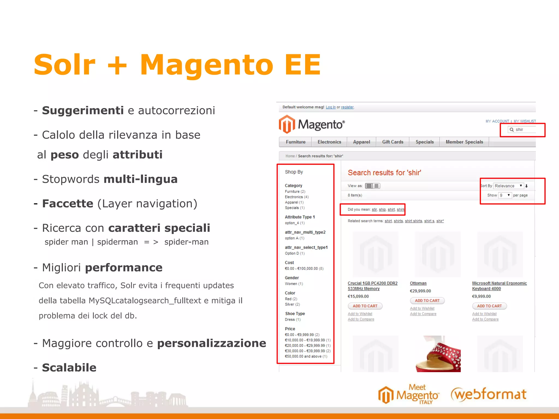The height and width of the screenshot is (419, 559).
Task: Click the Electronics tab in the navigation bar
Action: [329, 142]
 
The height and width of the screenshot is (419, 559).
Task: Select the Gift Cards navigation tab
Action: [393, 142]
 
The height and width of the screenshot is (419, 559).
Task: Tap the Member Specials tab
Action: [464, 142]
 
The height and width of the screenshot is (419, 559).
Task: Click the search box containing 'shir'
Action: [523, 130]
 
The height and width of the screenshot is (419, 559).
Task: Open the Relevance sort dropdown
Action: [509, 186]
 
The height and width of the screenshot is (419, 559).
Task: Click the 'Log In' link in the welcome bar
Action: [331, 107]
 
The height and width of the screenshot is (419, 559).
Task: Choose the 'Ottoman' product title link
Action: [418, 283]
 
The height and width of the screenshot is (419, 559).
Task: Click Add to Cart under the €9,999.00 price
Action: [489, 306]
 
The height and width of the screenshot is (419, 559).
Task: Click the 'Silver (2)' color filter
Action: [292, 304]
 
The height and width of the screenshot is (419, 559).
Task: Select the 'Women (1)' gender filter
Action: [294, 284]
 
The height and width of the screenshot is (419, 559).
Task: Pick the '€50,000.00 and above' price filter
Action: [306, 356]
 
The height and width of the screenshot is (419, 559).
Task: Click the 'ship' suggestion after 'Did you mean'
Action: [382, 209]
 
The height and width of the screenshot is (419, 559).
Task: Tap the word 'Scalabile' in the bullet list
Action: [69, 368]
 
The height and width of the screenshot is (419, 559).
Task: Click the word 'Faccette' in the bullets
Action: [68, 204]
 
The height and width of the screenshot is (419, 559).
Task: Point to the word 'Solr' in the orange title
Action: [64, 65]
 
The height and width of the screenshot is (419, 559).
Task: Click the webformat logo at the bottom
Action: [489, 394]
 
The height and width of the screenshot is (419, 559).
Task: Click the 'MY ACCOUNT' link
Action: [497, 121]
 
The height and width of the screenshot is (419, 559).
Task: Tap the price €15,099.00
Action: [358, 297]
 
